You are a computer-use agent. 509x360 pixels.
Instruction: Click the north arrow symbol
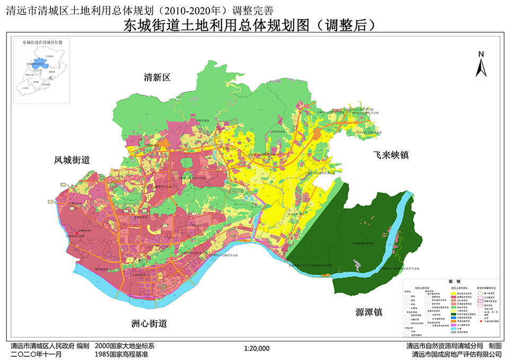tap(481, 64)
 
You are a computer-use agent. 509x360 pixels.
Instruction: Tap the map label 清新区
tap(157, 77)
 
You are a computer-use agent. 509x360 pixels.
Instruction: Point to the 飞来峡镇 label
tap(391, 155)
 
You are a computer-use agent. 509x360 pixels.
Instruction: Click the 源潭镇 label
tap(369, 312)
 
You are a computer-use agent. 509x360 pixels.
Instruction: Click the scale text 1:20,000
tap(257, 348)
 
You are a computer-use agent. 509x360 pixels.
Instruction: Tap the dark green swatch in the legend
tap(453, 313)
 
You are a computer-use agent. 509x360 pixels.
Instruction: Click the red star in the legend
tap(481, 321)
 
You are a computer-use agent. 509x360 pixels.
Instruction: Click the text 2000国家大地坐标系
tap(124, 346)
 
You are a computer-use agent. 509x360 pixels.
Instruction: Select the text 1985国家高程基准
tap(121, 354)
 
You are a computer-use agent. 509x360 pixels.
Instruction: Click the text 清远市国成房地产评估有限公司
tap(457, 354)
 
